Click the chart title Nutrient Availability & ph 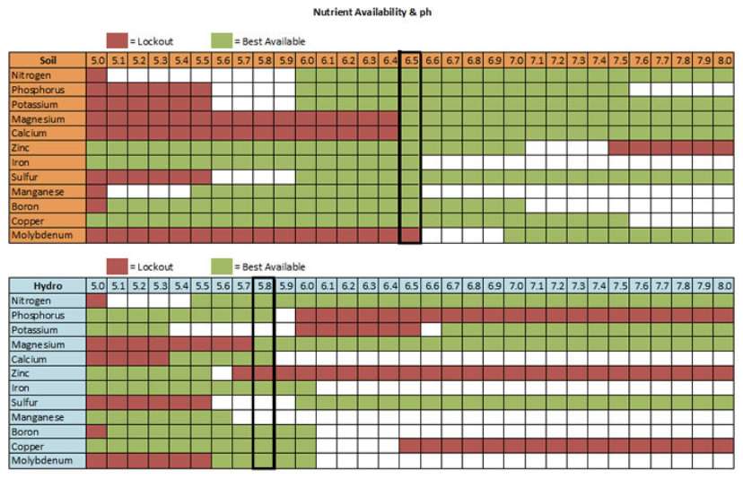[x=371, y=13]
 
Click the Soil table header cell [x=48, y=60]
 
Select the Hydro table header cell [x=48, y=285]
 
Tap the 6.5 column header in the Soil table [x=411, y=60]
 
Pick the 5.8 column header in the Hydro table [x=264, y=285]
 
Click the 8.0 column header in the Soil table [x=724, y=60]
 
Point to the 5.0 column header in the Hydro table [x=97, y=285]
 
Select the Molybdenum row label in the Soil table [x=48, y=235]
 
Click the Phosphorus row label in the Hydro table [x=48, y=315]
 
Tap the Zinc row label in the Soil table [x=48, y=148]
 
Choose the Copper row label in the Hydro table [x=48, y=446]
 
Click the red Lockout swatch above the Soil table [x=118, y=40]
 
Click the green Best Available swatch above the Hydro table [x=222, y=266]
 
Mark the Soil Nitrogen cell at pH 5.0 [x=97, y=75]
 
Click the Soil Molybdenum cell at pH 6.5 [x=411, y=235]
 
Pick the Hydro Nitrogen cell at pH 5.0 [x=97, y=301]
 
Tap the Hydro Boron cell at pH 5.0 [x=97, y=431]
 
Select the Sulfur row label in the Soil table [x=48, y=177]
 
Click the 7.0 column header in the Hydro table [x=515, y=285]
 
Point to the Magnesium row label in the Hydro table [x=48, y=344]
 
